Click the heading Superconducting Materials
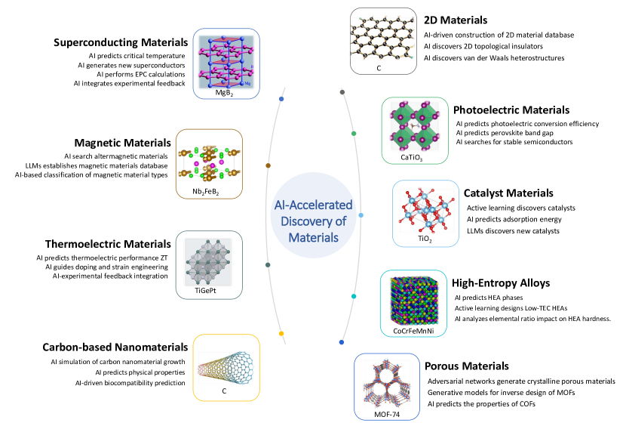coord(119,43)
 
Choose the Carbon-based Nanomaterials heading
coord(114,347)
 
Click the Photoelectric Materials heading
coord(511,110)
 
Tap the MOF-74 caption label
coord(388,412)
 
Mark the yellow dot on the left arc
coord(281,333)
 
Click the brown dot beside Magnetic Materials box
coord(269,165)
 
